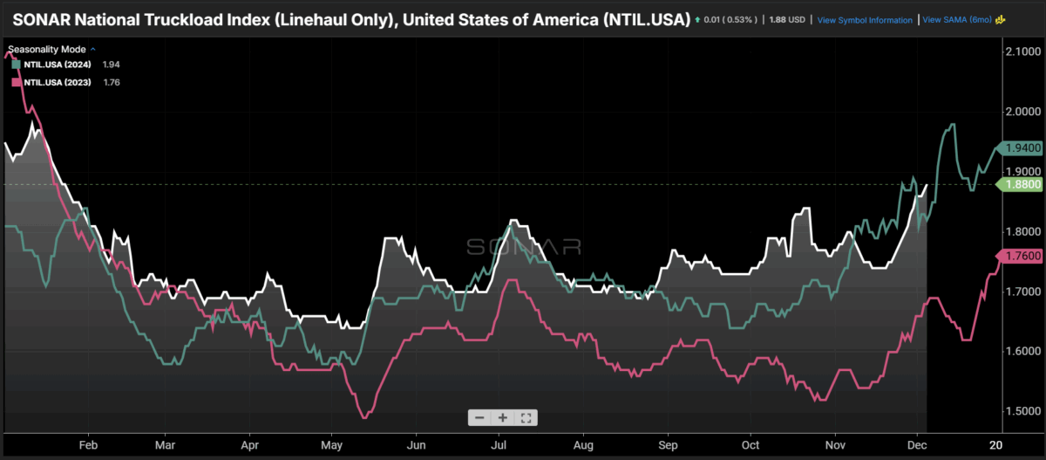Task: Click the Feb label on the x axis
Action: tap(88, 443)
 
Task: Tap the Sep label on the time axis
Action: tap(667, 443)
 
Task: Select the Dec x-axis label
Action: tap(914, 443)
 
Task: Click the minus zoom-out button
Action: tap(479, 417)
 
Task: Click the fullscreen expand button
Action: tap(526, 417)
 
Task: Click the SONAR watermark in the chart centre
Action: tap(524, 247)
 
